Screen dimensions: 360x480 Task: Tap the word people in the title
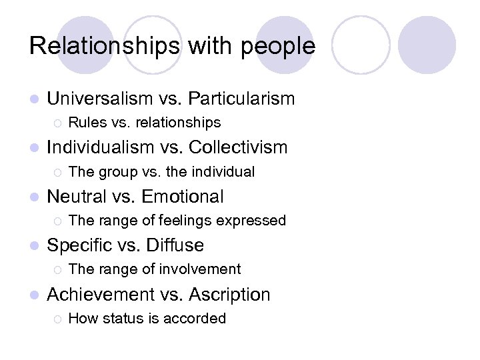click(281, 47)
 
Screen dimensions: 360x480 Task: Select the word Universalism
click(100, 99)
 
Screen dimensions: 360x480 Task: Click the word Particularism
click(241, 99)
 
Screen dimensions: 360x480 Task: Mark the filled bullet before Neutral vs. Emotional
click(35, 197)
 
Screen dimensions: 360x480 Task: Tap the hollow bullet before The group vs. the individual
click(57, 172)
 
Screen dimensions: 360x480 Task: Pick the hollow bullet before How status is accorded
click(57, 319)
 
